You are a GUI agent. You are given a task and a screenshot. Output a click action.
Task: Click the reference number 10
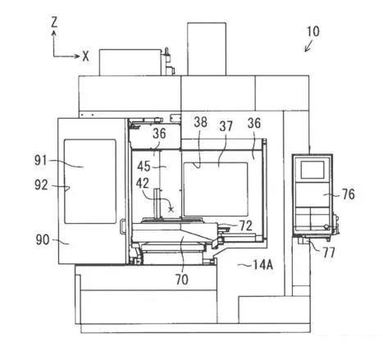pyautogui.click(x=313, y=31)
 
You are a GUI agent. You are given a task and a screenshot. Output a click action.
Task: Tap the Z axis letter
pyautogui.click(x=54, y=22)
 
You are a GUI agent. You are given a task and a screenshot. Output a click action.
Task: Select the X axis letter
pyautogui.click(x=85, y=57)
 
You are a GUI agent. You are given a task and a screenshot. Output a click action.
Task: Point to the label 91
pyautogui.click(x=40, y=160)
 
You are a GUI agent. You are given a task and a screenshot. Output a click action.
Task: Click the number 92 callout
pyautogui.click(x=41, y=185)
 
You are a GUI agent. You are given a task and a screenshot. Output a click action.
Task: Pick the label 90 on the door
pyautogui.click(x=43, y=240)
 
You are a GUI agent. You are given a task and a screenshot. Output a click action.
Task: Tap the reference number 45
pyautogui.click(x=144, y=166)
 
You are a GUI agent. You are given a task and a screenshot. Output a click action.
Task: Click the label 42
pyautogui.click(x=143, y=184)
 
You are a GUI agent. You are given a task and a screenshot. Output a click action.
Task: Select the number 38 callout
pyautogui.click(x=200, y=122)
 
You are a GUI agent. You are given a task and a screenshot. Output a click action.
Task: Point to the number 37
pyautogui.click(x=226, y=126)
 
